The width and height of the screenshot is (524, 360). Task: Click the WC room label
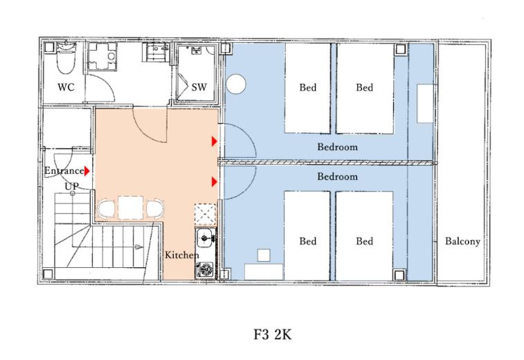pyautogui.click(x=66, y=87)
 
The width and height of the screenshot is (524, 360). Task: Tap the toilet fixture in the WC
pyautogui.click(x=66, y=57)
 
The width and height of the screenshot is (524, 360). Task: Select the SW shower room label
pyautogui.click(x=199, y=87)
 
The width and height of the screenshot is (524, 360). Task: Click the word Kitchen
pyautogui.click(x=181, y=255)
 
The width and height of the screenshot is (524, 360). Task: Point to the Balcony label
pyautogui.click(x=462, y=242)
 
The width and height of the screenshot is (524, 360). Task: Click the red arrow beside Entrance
pyautogui.click(x=87, y=171)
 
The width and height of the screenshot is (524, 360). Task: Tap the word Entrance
pyautogui.click(x=64, y=171)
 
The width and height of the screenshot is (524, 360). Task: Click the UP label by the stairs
pyautogui.click(x=71, y=186)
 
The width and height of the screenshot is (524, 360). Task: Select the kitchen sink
pyautogui.click(x=205, y=238)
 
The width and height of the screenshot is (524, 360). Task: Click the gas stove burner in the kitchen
pyautogui.click(x=205, y=269)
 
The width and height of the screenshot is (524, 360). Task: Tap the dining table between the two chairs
pyautogui.click(x=130, y=208)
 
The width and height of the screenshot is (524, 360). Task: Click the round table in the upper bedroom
pyautogui.click(x=236, y=84)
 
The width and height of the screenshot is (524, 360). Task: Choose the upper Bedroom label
pyautogui.click(x=337, y=147)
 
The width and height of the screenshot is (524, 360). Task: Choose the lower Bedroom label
pyautogui.click(x=337, y=177)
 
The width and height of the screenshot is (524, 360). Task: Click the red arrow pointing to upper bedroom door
pyautogui.click(x=214, y=142)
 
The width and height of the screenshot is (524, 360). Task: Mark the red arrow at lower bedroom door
pyautogui.click(x=214, y=182)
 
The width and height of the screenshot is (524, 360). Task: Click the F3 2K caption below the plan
pyautogui.click(x=272, y=334)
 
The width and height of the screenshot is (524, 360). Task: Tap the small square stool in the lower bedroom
pyautogui.click(x=264, y=255)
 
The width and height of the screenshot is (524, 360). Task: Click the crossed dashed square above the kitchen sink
pyautogui.click(x=206, y=214)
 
